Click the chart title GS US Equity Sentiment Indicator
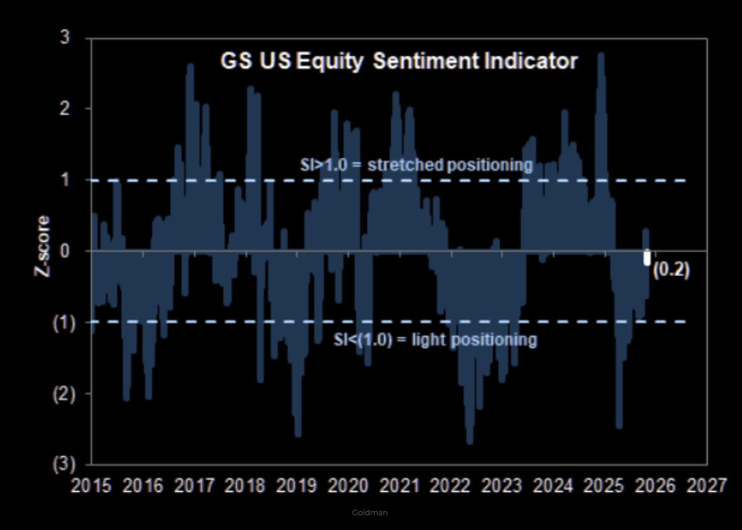[399, 61]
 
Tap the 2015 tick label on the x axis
[91, 486]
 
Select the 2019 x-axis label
[296, 486]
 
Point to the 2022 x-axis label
[450, 486]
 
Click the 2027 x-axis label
[706, 486]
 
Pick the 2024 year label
[553, 486]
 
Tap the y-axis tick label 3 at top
[65, 37]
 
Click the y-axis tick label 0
[65, 251]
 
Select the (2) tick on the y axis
[64, 394]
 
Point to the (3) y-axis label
[64, 465]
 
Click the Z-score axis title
[42, 246]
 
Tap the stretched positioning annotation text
[416, 165]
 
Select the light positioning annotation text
[435, 340]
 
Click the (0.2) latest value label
[671, 269]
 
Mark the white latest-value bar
[647, 258]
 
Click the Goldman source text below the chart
[370, 512]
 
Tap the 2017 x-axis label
[194, 486]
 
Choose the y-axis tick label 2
[65, 109]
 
